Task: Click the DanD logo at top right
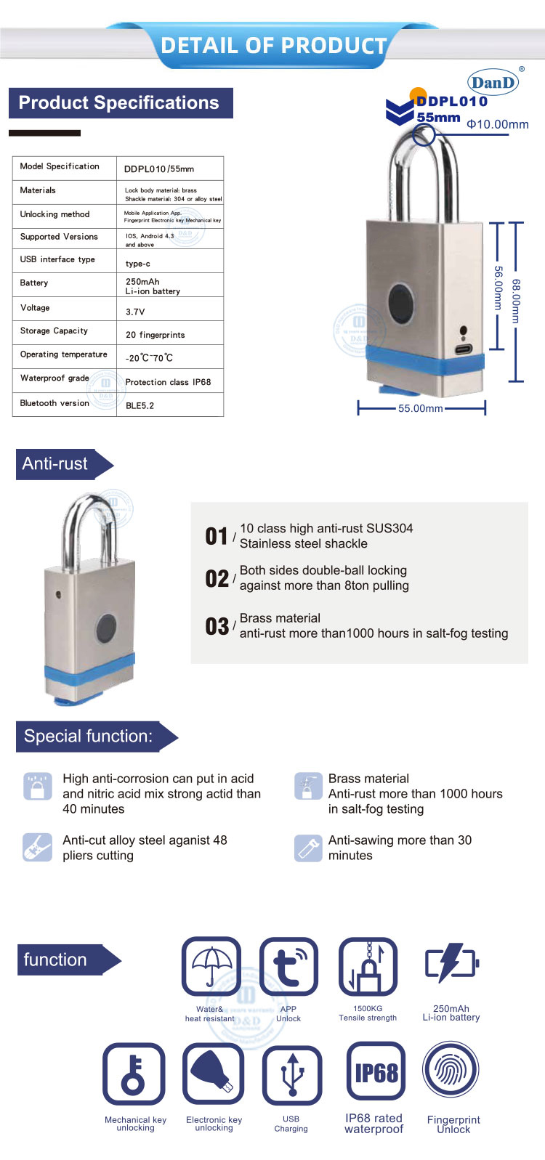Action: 493,81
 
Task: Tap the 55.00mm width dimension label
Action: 420,408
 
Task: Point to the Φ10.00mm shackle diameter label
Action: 498,124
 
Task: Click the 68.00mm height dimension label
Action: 516,301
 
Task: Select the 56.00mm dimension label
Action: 498,288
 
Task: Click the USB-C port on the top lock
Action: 463,349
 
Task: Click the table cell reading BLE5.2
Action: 140,405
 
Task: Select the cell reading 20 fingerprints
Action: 155,335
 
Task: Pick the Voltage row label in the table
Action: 35,308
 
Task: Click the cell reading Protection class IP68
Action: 168,382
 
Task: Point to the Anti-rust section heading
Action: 55,463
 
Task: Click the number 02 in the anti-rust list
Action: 217,579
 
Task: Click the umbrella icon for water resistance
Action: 211,965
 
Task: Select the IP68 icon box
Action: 376,1072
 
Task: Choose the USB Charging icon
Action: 291,1074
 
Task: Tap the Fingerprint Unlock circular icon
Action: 451,1071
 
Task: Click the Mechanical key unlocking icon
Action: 134,1074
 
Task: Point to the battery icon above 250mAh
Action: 451,963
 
